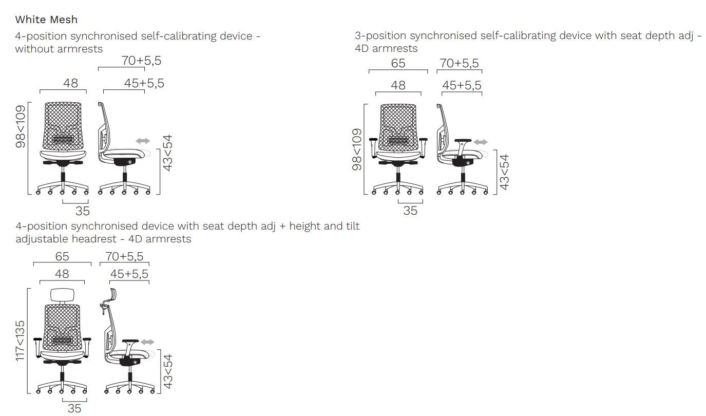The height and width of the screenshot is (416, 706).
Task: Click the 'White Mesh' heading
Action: click(46, 20)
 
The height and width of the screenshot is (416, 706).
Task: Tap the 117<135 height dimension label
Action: click(20, 341)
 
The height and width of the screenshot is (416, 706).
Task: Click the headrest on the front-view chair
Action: click(63, 295)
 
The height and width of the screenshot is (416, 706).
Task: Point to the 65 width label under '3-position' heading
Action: click(398, 63)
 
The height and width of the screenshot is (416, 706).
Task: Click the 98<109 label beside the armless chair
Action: click(21, 126)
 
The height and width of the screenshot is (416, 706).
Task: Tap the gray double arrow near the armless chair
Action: click(143, 141)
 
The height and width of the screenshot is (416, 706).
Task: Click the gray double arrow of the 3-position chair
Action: click(481, 142)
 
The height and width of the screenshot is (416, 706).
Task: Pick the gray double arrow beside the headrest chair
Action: click(147, 342)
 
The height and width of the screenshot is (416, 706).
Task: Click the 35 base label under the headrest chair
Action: click(74, 408)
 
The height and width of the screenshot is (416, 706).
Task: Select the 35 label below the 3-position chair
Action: click(410, 211)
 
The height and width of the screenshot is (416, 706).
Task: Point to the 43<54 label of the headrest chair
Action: click(168, 371)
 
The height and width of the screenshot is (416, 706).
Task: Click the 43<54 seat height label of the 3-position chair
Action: click(504, 172)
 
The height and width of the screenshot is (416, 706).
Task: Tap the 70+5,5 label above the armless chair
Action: click(141, 61)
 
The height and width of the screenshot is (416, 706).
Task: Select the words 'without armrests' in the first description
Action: click(59, 49)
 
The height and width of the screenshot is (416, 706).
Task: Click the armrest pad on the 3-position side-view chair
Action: click(463, 140)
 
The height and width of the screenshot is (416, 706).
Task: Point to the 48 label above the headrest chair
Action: click(62, 274)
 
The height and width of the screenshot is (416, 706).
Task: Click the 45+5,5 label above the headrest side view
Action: click(129, 274)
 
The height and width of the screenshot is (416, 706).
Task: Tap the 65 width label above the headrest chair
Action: click(62, 257)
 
